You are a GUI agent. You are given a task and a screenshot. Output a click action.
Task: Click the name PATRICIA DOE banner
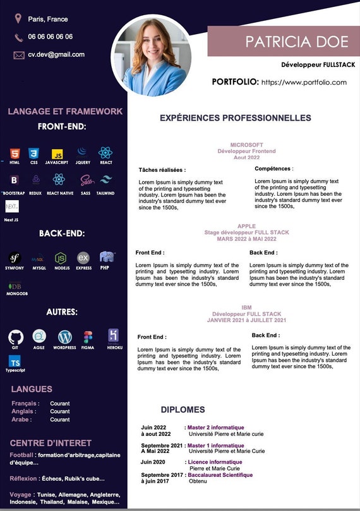click(297, 42)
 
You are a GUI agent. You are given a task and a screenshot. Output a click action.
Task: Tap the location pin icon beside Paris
click(18, 19)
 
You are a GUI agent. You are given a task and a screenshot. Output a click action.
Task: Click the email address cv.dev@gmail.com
click(56, 54)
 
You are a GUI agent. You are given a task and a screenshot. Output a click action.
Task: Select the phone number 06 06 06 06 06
click(51, 37)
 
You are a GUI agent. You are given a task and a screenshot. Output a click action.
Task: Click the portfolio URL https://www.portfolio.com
click(304, 82)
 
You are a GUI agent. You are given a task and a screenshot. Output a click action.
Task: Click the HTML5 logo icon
click(15, 153)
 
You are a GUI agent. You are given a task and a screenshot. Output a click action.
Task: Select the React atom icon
click(105, 152)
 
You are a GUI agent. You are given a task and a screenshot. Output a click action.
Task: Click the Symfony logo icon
click(15, 258)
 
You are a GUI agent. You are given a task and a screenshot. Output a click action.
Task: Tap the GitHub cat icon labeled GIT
click(16, 337)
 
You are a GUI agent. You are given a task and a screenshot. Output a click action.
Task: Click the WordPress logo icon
click(65, 337)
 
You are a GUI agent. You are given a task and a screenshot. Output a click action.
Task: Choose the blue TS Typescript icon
click(15, 361)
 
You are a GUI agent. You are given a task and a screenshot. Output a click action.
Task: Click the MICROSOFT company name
click(246, 145)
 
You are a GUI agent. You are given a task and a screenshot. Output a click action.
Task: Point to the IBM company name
click(246, 308)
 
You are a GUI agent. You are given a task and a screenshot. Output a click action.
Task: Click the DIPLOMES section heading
click(183, 409)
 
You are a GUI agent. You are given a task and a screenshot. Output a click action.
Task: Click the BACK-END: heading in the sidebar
click(62, 233)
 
